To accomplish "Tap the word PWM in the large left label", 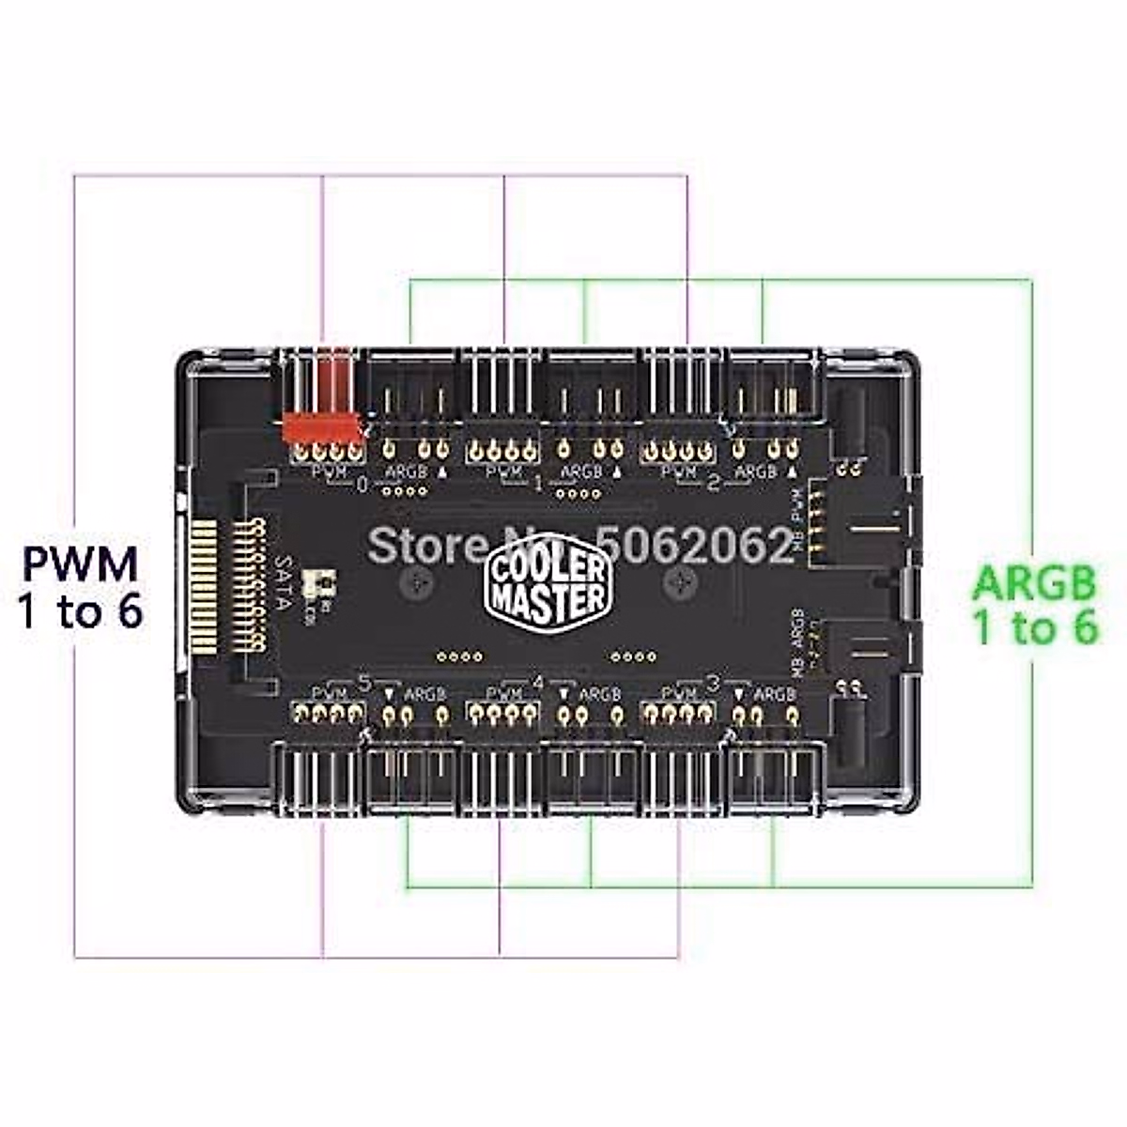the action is tap(81, 564).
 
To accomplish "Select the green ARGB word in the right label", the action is tap(1034, 583).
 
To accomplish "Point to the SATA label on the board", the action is tap(283, 583).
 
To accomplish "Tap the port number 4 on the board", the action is tap(538, 683).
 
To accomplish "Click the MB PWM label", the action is tap(799, 516).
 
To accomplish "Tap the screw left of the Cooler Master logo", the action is tap(412, 582).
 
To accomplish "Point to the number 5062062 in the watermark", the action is tap(696, 544).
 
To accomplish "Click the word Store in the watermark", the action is tap(410, 544).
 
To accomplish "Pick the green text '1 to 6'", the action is tap(1034, 627).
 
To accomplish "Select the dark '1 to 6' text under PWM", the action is tap(81, 612).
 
